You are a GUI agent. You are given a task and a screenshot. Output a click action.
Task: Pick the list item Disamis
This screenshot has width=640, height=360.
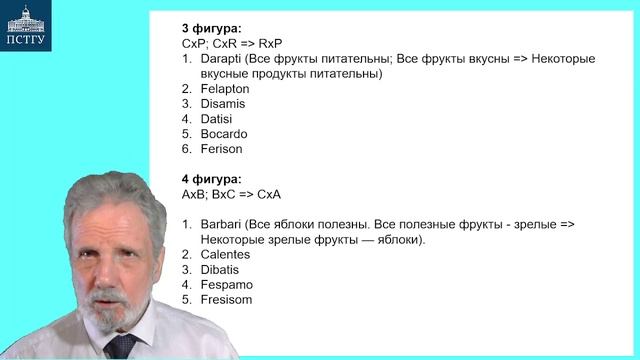point(222,104)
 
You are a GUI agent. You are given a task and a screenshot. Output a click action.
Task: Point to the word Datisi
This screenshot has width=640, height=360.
point(216,119)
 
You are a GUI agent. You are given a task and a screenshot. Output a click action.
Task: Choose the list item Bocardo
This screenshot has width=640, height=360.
point(223,134)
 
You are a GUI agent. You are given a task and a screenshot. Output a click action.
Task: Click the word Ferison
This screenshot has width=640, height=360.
point(221,149)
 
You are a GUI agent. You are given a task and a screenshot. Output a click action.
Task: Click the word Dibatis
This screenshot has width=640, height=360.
point(220,269)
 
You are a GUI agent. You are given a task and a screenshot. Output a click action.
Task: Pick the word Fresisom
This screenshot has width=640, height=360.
point(226,299)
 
